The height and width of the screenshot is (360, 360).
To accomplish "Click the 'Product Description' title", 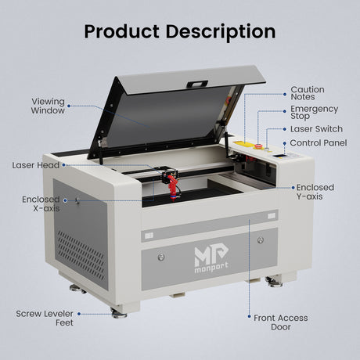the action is click(x=180, y=32).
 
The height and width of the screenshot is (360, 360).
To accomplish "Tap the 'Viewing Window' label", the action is click(x=48, y=106).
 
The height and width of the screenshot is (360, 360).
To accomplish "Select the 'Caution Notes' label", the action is click(x=308, y=93).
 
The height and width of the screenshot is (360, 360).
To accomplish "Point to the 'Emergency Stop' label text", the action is click(x=315, y=113).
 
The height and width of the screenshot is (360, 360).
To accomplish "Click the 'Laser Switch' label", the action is click(x=316, y=129).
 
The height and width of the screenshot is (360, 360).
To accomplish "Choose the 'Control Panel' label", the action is click(x=319, y=143).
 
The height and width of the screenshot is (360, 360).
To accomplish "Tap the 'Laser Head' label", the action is click(x=36, y=165).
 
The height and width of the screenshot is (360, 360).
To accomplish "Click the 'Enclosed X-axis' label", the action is click(x=41, y=204).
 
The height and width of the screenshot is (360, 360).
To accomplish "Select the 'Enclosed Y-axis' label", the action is click(x=315, y=192).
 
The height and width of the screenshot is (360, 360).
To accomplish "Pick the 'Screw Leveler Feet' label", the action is click(x=45, y=318).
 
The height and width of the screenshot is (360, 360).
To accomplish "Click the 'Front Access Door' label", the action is click(x=281, y=322).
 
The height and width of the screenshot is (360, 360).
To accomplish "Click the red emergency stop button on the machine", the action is click(x=258, y=146).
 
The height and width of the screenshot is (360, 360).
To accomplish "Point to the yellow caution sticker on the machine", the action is click(x=240, y=143).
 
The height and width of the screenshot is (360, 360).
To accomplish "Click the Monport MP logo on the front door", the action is click(x=211, y=257).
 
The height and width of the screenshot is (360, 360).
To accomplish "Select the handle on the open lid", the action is click(x=197, y=84).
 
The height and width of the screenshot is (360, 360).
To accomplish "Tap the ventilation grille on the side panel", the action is click(x=81, y=255).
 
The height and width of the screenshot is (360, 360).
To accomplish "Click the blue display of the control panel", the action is click(x=279, y=156).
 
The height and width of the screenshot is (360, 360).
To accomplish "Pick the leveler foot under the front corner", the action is click(x=119, y=313).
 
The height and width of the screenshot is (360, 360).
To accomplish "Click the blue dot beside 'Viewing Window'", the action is click(x=69, y=106).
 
